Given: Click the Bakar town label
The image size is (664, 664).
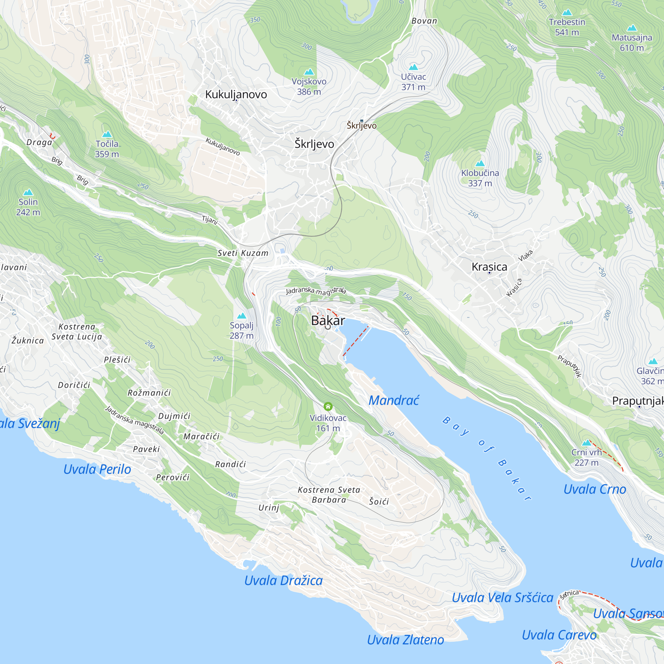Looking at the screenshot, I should [x=328, y=320].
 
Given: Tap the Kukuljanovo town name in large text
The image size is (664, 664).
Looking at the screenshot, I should [x=236, y=94].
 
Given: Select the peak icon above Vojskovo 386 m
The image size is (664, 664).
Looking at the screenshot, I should [x=309, y=72].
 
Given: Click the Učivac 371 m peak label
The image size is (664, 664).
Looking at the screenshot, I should [x=413, y=82].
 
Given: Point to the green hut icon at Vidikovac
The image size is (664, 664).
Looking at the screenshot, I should [x=328, y=407].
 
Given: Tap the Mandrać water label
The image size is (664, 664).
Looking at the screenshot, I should [x=393, y=400].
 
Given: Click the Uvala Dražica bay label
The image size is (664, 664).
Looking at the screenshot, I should [x=283, y=580].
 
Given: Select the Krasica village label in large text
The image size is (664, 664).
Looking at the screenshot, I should [x=489, y=267].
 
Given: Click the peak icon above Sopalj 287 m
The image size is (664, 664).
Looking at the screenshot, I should [x=242, y=315].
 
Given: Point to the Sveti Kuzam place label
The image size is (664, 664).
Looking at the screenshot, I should [x=243, y=253].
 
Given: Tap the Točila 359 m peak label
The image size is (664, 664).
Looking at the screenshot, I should [x=107, y=149].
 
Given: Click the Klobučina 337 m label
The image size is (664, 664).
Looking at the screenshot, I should [x=480, y=178].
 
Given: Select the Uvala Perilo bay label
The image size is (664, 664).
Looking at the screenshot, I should [x=97, y=469].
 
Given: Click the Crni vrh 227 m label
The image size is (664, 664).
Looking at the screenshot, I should [x=586, y=457].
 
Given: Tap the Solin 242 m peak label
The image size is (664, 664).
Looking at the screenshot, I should [x=28, y=207].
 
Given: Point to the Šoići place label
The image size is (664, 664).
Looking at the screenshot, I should [x=379, y=501].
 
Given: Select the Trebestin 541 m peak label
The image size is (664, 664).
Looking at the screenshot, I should [x=567, y=27].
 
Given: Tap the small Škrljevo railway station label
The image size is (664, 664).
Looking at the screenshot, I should [x=362, y=125].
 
